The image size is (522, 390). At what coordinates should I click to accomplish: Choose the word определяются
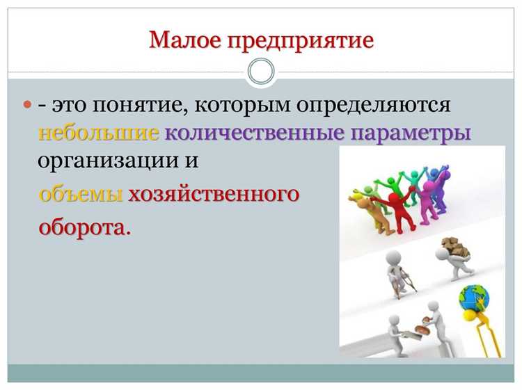(373, 106)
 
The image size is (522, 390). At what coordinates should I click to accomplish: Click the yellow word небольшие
(99, 132)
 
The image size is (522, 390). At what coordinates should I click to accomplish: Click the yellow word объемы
(81, 194)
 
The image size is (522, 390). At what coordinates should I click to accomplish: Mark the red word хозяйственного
(213, 194)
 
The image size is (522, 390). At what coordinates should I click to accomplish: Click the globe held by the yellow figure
(474, 298)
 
